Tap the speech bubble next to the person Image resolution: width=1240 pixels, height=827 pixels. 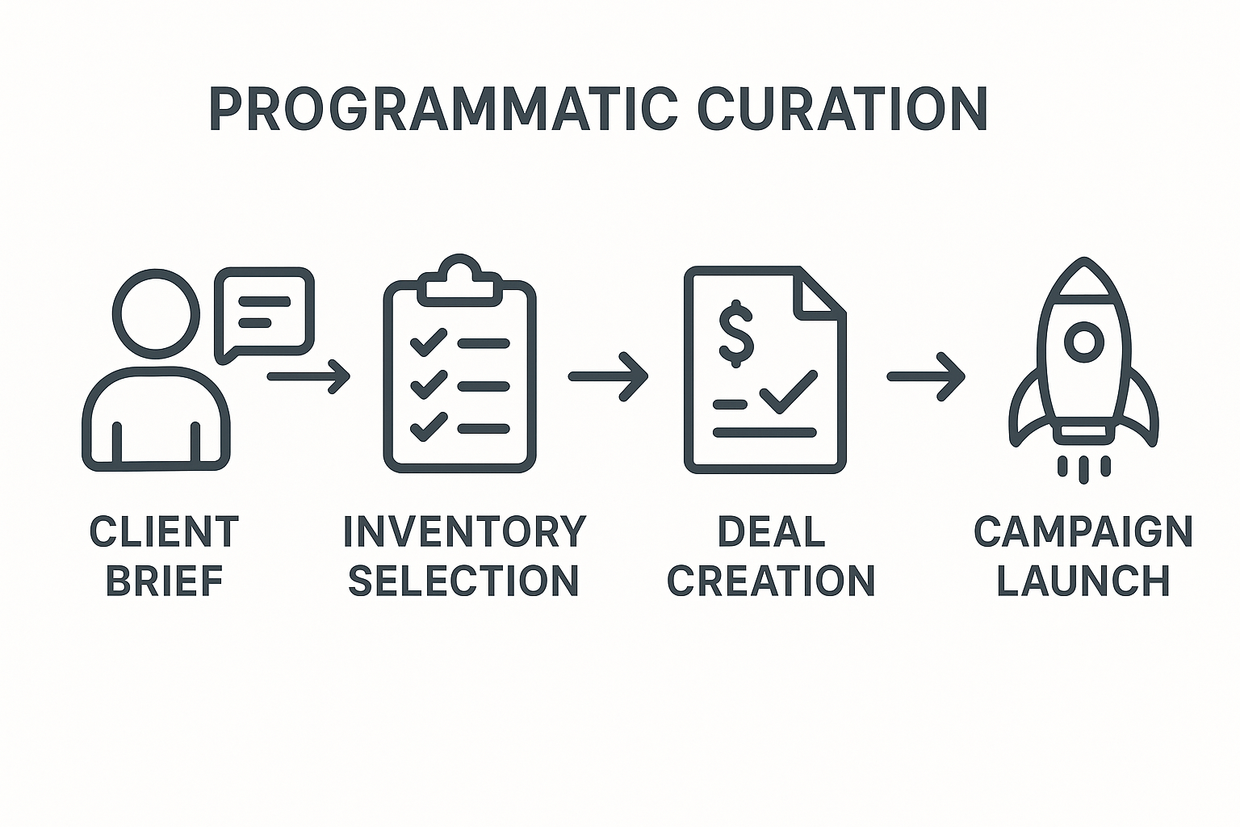(264, 313)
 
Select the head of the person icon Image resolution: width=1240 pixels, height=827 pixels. (156, 313)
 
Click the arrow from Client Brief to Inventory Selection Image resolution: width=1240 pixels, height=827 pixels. (308, 376)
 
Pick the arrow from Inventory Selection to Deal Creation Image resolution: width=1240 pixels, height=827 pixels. (608, 376)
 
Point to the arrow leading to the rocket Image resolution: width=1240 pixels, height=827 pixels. (926, 376)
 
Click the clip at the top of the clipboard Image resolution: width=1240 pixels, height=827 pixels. (459, 280)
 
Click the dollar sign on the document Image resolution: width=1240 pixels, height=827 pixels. (735, 334)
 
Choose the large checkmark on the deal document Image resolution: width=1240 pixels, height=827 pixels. (788, 393)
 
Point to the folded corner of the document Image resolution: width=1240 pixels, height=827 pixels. (820, 294)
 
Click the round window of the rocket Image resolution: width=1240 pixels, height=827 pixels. (1084, 342)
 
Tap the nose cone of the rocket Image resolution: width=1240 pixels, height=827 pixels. (1084, 279)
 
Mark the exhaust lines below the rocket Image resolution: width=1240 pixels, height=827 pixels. (1084, 468)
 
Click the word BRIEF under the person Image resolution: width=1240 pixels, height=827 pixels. (165, 580)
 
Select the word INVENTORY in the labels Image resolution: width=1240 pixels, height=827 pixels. (464, 531)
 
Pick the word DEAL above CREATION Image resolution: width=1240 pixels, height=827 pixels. (771, 531)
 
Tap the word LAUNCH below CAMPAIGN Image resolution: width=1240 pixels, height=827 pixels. (1083, 580)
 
